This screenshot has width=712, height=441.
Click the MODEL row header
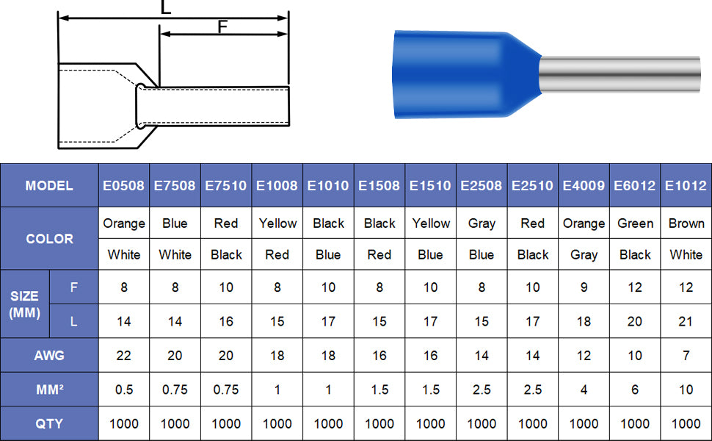point(49,185)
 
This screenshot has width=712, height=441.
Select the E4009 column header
point(584,185)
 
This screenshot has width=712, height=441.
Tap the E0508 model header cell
point(123,185)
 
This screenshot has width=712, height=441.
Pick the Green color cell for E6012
point(635,223)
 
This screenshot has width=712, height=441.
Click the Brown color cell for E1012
point(686,223)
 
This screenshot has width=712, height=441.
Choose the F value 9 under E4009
point(584,287)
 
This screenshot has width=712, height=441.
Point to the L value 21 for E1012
point(686,321)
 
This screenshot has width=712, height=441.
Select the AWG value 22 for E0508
point(123,356)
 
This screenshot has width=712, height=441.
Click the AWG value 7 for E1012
point(686,356)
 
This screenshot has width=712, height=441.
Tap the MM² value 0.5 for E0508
point(123,390)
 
